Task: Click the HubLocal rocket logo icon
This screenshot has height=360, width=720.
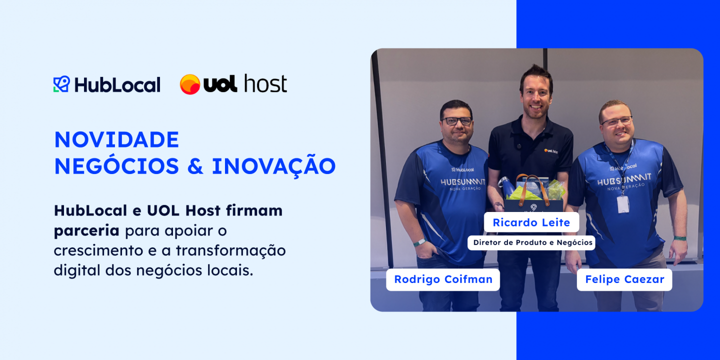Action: click(61, 84)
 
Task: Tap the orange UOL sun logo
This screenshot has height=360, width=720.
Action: click(190, 84)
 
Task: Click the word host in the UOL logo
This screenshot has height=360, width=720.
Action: click(265, 83)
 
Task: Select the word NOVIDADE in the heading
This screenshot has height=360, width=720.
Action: click(116, 140)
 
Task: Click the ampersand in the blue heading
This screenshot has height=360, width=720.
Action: click(195, 166)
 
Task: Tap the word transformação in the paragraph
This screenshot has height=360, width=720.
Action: click(230, 250)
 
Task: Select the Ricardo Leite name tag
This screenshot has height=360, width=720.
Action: click(531, 222)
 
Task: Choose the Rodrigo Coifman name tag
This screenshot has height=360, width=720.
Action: click(443, 279)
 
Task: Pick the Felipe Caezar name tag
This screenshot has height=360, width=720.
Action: click(624, 279)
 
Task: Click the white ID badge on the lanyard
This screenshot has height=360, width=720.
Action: click(623, 205)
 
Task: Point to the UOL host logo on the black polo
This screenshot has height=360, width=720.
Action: click(551, 151)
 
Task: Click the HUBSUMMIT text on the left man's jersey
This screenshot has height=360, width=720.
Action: click(463, 182)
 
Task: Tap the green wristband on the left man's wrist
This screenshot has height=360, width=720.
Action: click(419, 242)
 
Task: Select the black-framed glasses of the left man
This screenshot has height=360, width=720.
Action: click(457, 121)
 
